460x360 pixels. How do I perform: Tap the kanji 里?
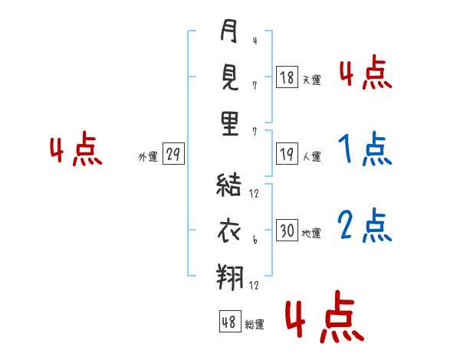(x=229, y=124)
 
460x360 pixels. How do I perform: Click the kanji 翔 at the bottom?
(x=229, y=277)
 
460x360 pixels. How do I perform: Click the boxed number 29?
(x=172, y=155)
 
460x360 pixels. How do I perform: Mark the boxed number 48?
(x=229, y=322)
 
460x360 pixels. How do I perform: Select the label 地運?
(x=311, y=233)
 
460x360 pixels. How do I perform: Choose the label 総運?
(x=255, y=324)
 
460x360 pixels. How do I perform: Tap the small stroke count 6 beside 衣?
(x=254, y=239)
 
